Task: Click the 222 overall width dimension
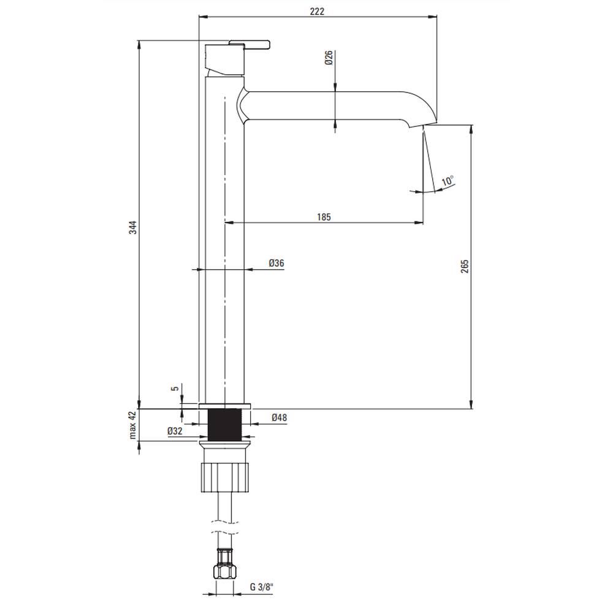317,11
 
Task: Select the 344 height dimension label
133,227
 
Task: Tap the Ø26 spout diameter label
329,58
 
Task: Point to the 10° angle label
447,181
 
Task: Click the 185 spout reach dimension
324,216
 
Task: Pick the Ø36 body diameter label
276,263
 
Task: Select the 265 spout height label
465,266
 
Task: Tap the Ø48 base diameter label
279,417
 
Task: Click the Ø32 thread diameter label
175,431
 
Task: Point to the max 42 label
133,425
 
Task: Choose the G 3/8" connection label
262,587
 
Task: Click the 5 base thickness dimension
175,388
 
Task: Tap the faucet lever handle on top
249,44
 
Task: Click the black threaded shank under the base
224,425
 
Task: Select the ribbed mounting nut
224,477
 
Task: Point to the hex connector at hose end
225,572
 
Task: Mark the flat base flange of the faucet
224,406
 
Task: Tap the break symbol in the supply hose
224,527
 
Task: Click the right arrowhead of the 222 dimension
433,17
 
